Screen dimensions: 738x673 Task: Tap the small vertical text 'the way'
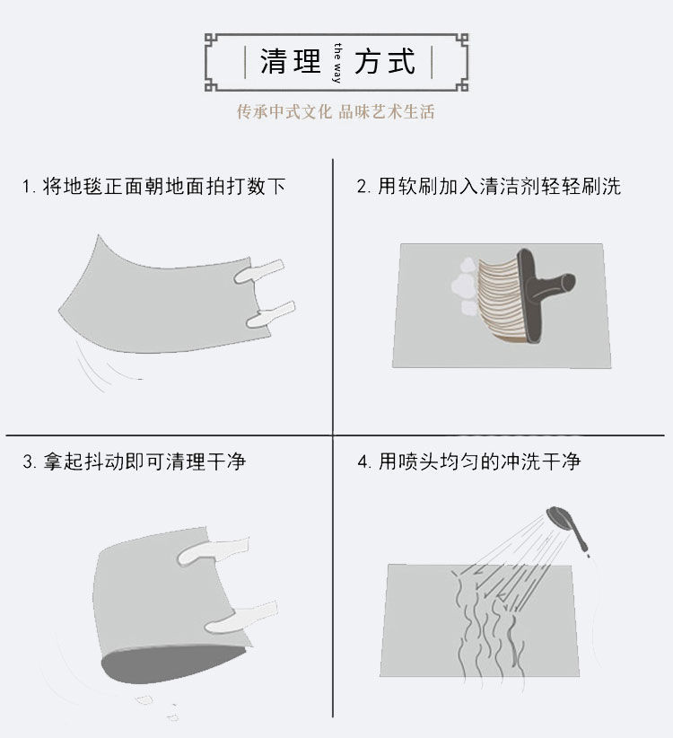coord(338,62)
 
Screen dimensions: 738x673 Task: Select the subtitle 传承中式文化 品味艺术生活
coord(336,112)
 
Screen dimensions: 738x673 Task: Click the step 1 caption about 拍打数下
coord(153,187)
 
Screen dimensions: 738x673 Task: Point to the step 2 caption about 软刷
coord(489,187)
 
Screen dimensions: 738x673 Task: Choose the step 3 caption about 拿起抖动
coord(134,461)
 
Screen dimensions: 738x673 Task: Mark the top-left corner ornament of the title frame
coord(213,40)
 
